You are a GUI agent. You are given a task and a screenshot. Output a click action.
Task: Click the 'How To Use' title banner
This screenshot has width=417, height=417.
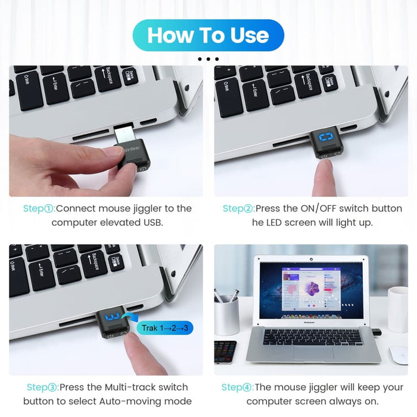(208, 35)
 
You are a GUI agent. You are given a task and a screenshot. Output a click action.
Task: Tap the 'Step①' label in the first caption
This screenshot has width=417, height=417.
(39, 208)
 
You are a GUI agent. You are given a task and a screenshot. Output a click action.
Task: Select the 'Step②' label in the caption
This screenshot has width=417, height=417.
(238, 208)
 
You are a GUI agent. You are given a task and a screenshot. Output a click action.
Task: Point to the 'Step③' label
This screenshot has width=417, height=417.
(42, 387)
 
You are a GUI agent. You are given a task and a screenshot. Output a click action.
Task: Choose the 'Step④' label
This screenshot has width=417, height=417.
(237, 387)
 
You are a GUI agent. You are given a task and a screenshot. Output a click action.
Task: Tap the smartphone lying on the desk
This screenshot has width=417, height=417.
(225, 351)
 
